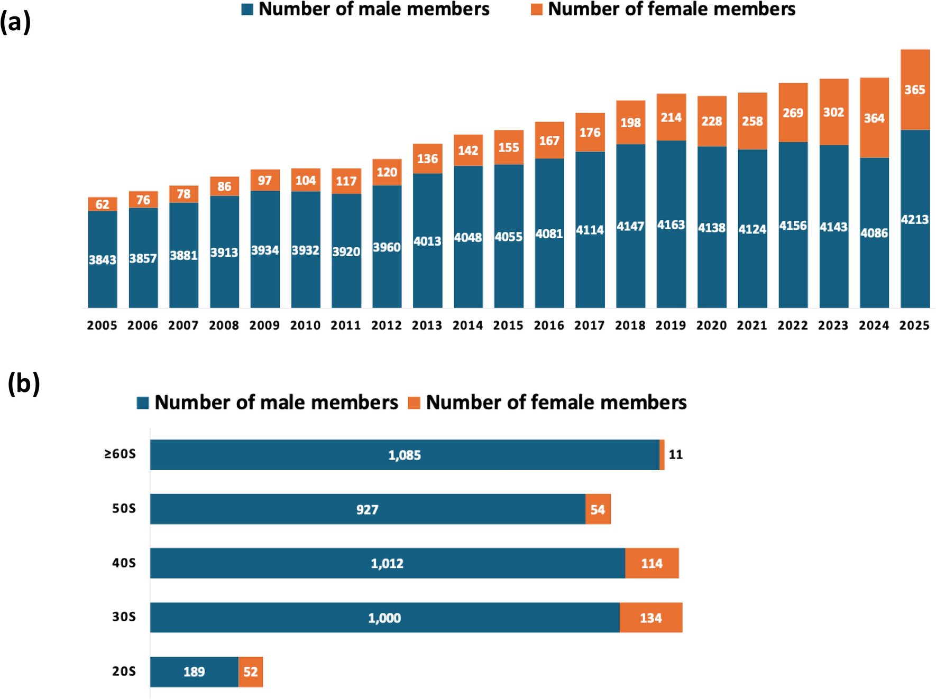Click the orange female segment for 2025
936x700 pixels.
(915, 90)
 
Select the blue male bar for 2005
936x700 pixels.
(103, 259)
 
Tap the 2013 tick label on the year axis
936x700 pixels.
(427, 325)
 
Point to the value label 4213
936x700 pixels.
(915, 219)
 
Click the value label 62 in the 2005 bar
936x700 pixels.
(103, 204)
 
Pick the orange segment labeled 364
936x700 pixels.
(874, 118)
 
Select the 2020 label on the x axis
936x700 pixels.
(711, 325)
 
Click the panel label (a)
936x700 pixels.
(15, 22)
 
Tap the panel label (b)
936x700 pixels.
(24, 383)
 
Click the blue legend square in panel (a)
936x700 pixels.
(247, 10)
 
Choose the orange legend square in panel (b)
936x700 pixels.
(414, 403)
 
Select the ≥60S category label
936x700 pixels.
(120, 454)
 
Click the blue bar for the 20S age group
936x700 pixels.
(194, 671)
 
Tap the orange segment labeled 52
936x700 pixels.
(251, 671)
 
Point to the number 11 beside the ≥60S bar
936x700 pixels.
(675, 454)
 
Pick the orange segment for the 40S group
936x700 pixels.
(651, 563)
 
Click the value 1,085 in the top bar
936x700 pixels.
(405, 455)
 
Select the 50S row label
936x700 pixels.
(124, 509)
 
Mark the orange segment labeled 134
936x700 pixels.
(650, 618)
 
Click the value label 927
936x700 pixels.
(367, 509)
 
